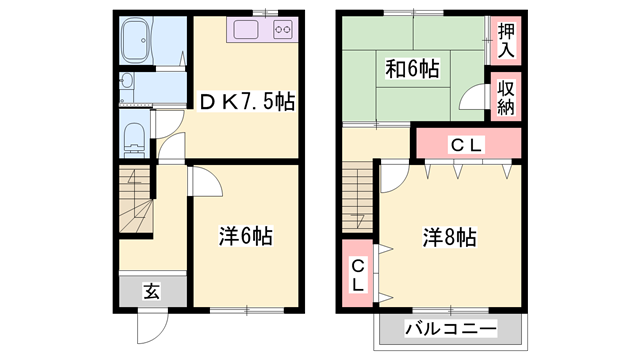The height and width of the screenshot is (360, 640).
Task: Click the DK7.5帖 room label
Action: (245, 102)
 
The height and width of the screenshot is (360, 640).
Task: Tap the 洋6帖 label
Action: (245, 237)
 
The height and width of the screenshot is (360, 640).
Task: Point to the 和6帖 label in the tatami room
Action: (413, 70)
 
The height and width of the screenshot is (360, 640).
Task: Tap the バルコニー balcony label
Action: (450, 328)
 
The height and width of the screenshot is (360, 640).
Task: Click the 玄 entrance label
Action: (151, 291)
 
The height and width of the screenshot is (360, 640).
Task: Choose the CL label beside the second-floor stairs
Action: (357, 271)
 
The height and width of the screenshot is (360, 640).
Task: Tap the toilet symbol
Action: (133, 137)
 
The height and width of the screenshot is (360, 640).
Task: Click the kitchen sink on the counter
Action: (246, 29)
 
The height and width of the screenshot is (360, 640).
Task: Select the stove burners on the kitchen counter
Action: (282, 29)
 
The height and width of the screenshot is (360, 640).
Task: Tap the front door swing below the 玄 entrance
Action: (153, 326)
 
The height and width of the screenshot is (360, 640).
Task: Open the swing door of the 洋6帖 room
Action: (204, 183)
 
